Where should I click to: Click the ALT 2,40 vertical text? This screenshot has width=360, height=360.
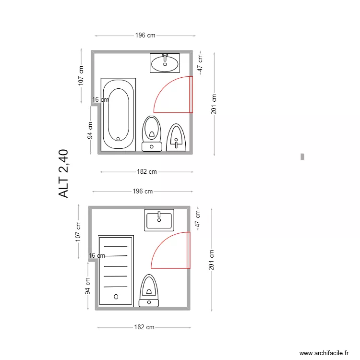64,174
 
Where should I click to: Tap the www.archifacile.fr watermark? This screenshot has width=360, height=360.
324,353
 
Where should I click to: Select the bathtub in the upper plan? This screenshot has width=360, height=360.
118,114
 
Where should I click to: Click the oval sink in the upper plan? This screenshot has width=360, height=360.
165,63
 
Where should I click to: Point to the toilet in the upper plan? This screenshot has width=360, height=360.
152,133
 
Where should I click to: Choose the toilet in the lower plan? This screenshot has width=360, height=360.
149,290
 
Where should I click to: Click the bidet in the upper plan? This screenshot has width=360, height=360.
176,138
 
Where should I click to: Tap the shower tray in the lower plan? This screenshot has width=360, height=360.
116,271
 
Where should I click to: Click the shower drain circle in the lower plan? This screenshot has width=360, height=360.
116,297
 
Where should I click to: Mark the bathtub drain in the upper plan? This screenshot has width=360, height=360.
118,139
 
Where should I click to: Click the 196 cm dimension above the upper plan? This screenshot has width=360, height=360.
145,36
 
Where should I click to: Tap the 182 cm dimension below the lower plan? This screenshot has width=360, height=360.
144,327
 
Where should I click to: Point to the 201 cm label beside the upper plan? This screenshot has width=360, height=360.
214,104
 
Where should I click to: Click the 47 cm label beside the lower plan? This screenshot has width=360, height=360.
197,218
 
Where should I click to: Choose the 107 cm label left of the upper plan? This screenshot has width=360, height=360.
81,76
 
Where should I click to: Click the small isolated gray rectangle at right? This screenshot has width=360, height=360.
302,156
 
